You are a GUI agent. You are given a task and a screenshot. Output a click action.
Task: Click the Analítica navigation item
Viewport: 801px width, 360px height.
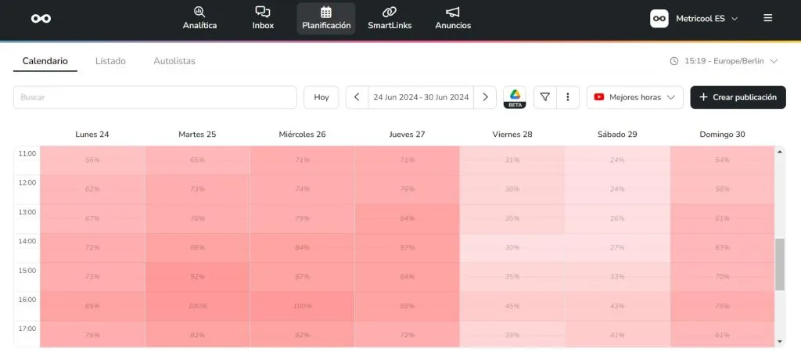(199, 18)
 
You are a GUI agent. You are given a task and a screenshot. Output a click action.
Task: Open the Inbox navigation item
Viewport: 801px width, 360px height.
(263, 18)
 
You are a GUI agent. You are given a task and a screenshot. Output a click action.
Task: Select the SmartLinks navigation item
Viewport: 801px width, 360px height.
(390, 18)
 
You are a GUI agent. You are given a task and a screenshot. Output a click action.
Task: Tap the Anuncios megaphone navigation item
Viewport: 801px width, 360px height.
(453, 18)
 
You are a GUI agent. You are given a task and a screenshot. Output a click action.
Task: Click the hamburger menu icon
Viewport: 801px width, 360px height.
(768, 18)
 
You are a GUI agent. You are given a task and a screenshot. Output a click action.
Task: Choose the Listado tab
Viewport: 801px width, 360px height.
(110, 61)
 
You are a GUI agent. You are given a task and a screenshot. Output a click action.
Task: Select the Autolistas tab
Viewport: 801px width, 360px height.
(174, 61)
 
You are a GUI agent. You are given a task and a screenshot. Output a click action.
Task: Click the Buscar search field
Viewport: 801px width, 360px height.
(155, 97)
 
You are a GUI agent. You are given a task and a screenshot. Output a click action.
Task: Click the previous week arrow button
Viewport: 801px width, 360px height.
(357, 97)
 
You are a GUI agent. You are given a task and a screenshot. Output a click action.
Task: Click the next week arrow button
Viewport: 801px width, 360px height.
(485, 97)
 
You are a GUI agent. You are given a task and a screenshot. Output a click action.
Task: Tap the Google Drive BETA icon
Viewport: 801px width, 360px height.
(515, 97)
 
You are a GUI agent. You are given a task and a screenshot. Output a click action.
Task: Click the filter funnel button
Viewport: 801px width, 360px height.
(545, 97)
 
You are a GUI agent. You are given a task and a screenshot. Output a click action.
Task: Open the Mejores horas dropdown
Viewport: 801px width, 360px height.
(634, 97)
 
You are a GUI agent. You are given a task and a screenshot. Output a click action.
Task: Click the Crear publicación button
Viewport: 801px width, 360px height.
(738, 97)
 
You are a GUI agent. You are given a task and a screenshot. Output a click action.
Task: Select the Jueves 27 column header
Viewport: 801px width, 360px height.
(407, 135)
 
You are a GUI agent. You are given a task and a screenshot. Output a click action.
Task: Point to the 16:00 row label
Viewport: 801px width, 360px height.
(27, 300)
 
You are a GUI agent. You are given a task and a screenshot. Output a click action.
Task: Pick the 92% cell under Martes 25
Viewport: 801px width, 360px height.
(197, 276)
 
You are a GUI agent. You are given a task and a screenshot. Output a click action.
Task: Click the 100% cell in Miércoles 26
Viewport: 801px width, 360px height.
(302, 306)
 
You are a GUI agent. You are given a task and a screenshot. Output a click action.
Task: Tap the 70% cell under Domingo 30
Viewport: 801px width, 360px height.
(722, 276)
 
